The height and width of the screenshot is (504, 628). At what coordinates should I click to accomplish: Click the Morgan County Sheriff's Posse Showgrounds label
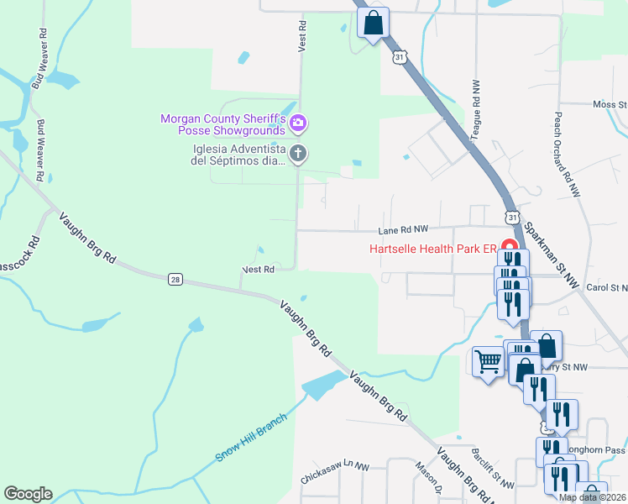click(x=224, y=125)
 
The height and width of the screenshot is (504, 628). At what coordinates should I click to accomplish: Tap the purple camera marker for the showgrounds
click(x=297, y=125)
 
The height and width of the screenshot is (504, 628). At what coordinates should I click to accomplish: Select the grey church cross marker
click(x=297, y=153)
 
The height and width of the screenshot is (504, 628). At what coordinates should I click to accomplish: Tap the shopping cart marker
click(x=487, y=362)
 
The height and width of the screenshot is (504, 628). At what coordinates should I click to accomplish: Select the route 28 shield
click(x=175, y=280)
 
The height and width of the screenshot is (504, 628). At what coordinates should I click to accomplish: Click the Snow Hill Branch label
click(x=251, y=437)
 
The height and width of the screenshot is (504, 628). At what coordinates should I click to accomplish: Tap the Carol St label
click(x=607, y=287)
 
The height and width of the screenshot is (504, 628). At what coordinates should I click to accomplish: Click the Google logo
click(x=28, y=494)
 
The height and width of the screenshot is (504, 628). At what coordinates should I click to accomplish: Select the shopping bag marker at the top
click(x=374, y=23)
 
